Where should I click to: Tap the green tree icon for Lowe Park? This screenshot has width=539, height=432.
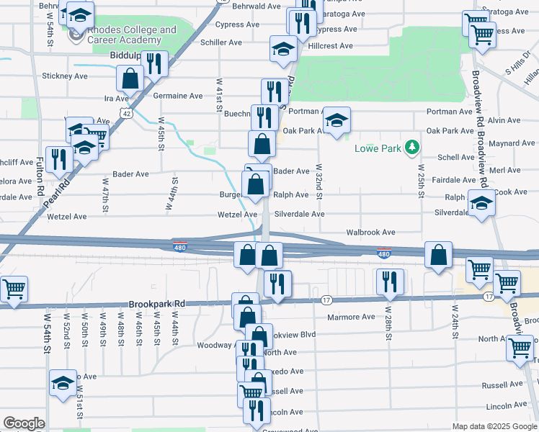(411, 148)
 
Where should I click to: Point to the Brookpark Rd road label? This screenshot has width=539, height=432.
(157, 304)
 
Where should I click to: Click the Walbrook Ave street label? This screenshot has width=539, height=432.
(370, 233)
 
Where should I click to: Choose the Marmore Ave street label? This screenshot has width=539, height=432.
(351, 317)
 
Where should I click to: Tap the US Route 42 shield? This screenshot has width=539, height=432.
(127, 113)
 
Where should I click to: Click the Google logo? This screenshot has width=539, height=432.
(24, 423)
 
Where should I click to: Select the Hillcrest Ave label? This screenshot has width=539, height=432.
(330, 45)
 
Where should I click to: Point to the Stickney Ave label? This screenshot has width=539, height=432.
(65, 76)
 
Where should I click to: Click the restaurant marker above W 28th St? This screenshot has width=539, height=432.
(390, 282)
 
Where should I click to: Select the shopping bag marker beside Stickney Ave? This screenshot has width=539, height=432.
(130, 79)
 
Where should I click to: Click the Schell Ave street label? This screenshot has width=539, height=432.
(456, 157)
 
